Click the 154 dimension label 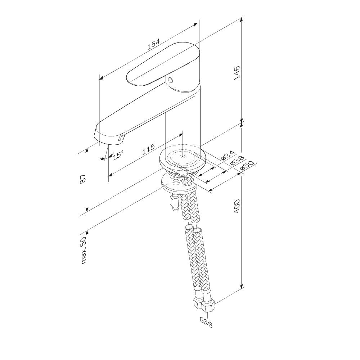pyautogui.click(x=153, y=44)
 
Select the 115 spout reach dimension pyautogui.click(x=148, y=149)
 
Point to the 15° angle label pyautogui.click(x=118, y=154)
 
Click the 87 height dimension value pyautogui.click(x=83, y=179)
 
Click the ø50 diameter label pyautogui.click(x=247, y=166)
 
